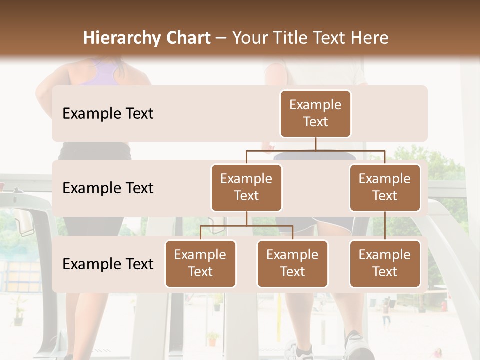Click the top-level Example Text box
tap(315, 113)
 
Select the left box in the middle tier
tap(246, 187)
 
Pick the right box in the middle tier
tap(385, 187)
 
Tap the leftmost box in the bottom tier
tap(200, 263)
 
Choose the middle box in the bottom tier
tap(292, 263)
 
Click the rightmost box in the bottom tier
tap(385, 263)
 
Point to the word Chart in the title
tap(186, 38)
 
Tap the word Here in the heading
tap(370, 38)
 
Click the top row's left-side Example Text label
tap(108, 113)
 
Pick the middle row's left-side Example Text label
tap(108, 188)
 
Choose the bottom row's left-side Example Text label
tap(108, 264)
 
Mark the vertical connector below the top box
tap(315, 144)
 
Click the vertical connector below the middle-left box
tap(246, 219)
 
